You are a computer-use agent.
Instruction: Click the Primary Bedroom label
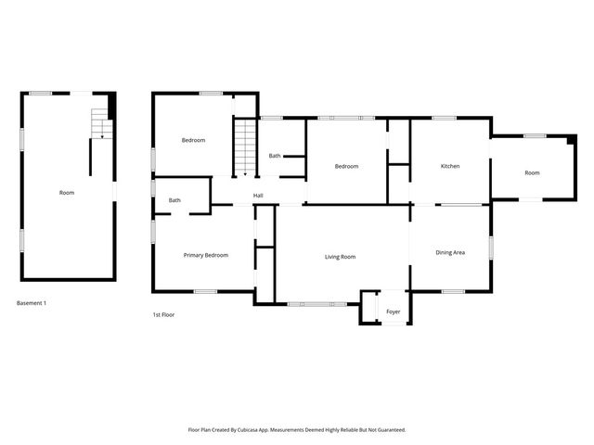coord(206,255)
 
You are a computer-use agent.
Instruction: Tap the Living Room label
coord(341,257)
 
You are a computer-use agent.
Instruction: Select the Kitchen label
coord(450,166)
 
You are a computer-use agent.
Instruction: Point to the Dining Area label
coord(450,252)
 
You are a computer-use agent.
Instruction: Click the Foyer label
coord(394,312)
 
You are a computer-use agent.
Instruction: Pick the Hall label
coord(258,195)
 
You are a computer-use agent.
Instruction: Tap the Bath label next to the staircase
coord(275,156)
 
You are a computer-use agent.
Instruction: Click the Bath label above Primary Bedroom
coord(174,200)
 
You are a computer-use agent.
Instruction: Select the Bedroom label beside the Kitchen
coord(346,166)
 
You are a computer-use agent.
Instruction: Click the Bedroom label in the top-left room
coord(193,140)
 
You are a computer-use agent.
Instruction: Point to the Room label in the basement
coord(67,193)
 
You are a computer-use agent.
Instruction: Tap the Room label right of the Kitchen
coord(532,172)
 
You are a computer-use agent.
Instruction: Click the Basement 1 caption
coord(32,303)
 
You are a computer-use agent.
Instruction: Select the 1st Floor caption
coord(164,315)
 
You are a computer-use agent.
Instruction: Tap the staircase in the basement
coord(98,122)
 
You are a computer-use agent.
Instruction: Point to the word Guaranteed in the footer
coord(390,429)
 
